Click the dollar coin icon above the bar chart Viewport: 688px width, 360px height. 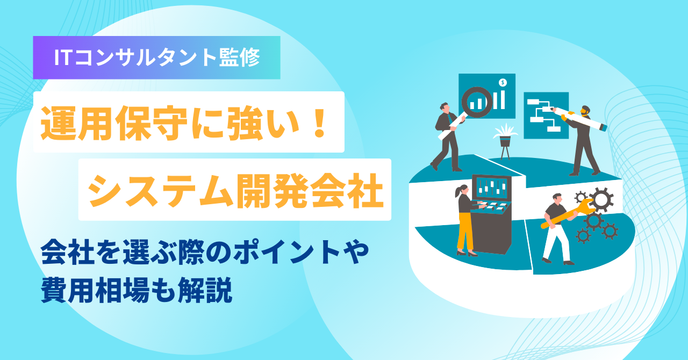click(x=502, y=83)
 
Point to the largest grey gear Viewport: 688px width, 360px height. click(x=601, y=199)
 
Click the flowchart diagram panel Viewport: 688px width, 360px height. click(x=545, y=115)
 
